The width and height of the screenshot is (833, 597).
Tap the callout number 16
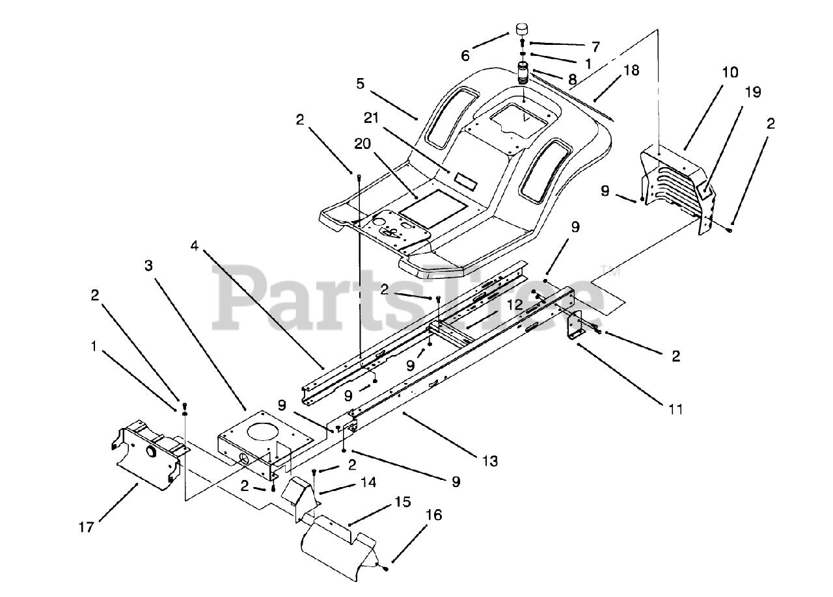click(434, 515)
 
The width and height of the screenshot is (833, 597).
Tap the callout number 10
click(730, 72)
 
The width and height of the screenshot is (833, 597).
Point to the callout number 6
click(465, 56)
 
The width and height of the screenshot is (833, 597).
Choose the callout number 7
click(595, 46)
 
